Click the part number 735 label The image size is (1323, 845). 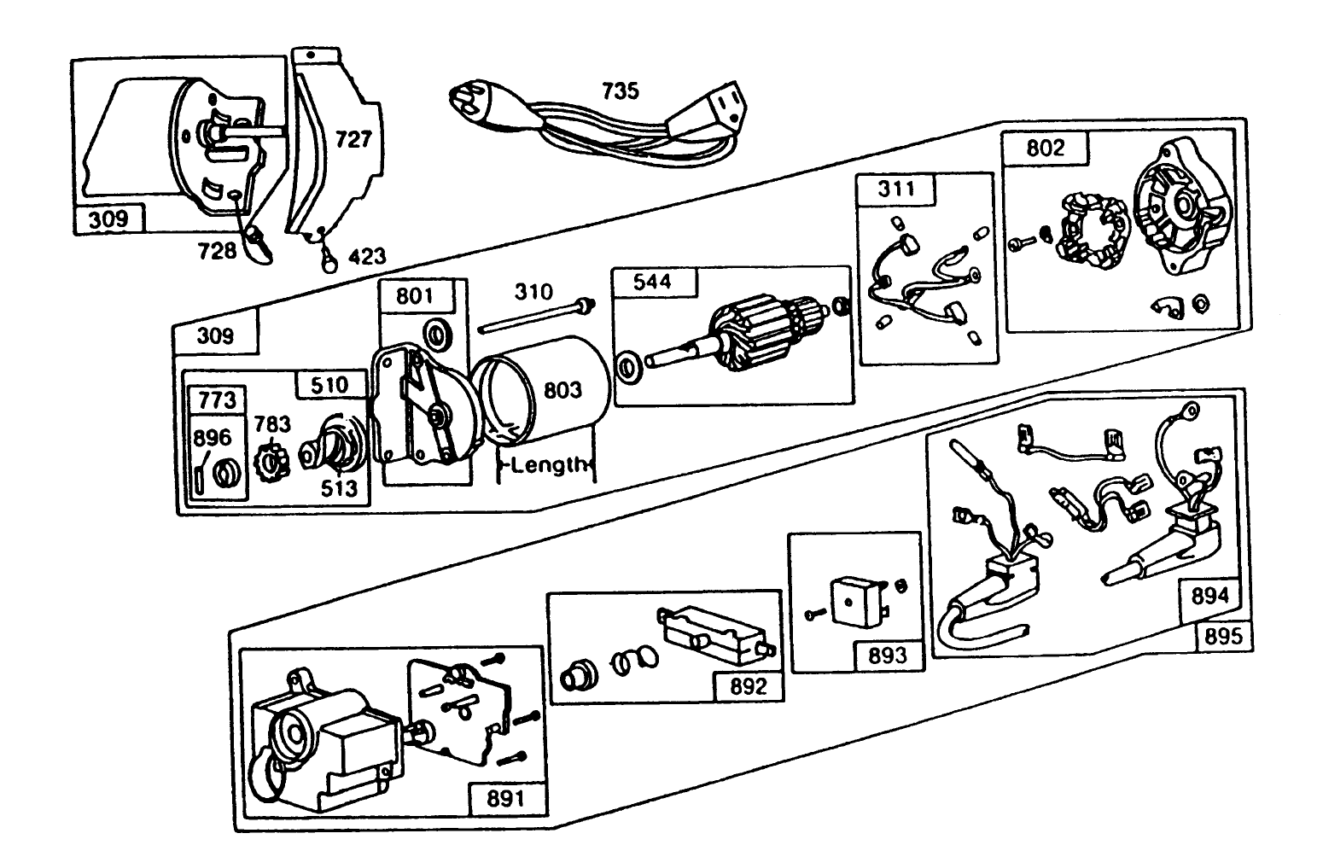[621, 90]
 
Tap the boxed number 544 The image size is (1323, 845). [652, 283]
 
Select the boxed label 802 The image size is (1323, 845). [1045, 148]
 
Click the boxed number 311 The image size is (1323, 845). [895, 189]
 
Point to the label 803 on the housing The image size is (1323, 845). [562, 389]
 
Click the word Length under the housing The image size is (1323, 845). [551, 464]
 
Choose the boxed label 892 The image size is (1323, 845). [748, 686]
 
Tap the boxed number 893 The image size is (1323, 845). [888, 656]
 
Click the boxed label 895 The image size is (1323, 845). [1224, 636]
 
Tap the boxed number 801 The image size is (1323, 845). [415, 296]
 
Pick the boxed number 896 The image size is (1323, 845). [212, 438]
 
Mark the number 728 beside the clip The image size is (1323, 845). [216, 252]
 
